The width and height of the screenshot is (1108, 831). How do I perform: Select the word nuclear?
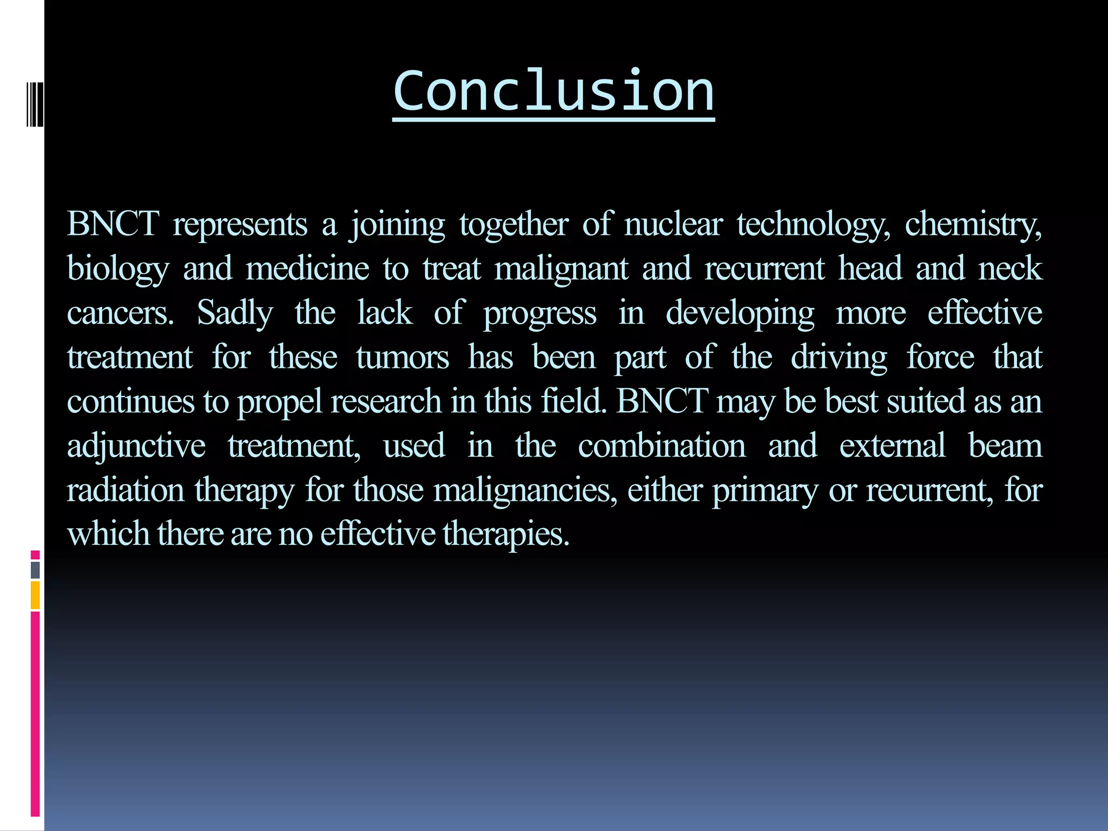tap(673, 223)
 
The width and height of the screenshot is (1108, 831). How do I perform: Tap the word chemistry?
tap(972, 223)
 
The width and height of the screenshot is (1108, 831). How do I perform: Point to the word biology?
tap(118, 269)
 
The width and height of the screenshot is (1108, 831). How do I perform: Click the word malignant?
tap(561, 269)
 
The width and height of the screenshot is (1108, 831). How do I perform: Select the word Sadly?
tap(235, 313)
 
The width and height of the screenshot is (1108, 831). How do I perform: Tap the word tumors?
tap(402, 358)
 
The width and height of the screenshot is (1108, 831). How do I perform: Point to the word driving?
tap(839, 358)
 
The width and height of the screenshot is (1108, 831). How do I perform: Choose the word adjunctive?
tap(136, 447)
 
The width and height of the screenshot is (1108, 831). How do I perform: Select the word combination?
tap(661, 446)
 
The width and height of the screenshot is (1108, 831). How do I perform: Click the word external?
tap(892, 446)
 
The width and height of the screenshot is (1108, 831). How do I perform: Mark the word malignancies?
tap(525, 491)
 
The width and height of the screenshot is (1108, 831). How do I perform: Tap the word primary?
tap(764, 491)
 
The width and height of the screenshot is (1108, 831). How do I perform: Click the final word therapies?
tap(505, 535)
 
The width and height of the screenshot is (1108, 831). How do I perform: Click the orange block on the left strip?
tap(35, 595)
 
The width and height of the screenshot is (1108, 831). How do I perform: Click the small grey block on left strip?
tap(35, 570)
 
